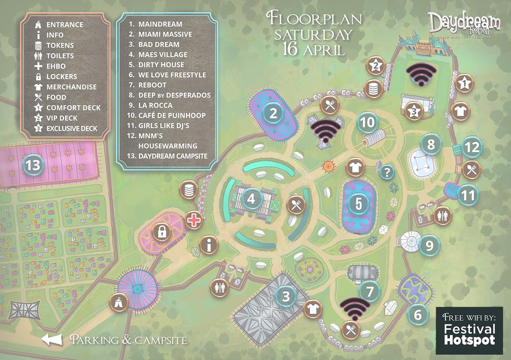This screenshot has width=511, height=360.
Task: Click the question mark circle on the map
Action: [387, 172]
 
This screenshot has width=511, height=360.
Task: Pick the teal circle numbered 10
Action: [367, 123]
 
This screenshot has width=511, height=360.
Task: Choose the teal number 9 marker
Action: [429, 246]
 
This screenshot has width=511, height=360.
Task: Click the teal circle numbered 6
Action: [417, 315]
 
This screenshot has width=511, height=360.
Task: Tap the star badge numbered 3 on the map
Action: [414, 111]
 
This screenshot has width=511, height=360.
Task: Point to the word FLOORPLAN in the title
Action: [314, 19]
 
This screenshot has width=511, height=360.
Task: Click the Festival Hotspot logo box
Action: [469, 331]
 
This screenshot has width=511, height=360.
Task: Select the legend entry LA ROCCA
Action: [155, 105]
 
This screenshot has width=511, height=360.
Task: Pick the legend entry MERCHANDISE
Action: [71, 87]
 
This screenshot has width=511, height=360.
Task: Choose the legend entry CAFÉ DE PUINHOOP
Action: [172, 115]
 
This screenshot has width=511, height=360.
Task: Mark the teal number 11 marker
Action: [468, 196]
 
